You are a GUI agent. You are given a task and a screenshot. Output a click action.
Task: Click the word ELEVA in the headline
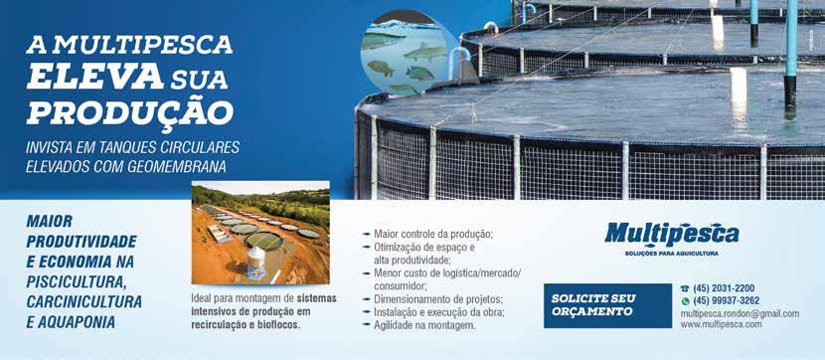coord(94,77)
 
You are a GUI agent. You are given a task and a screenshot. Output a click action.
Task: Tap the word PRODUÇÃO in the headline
coord(130,111)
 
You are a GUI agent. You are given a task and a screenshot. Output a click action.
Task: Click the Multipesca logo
coord(671,235)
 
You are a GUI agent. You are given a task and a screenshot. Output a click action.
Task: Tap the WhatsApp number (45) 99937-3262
coord(726,301)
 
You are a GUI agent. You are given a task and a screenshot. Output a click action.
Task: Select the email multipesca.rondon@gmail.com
coord(740,313)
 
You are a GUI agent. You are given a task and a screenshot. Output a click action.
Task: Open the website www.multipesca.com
coord(721,325)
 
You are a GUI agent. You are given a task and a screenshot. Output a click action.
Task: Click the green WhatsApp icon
coord(685,301)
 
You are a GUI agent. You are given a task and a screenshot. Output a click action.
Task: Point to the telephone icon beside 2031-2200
coord(685,289)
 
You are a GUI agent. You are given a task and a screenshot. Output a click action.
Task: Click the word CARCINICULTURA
coord(84,302)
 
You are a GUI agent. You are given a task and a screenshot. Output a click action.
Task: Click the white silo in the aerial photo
coord(256,262)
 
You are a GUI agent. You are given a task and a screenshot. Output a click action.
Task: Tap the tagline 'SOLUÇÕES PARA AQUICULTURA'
coord(671,254)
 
